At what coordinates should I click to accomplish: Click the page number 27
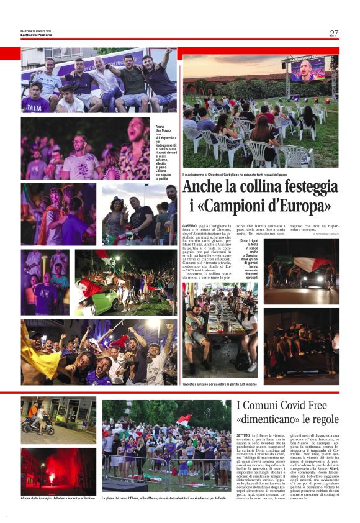click(x=334, y=33)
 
